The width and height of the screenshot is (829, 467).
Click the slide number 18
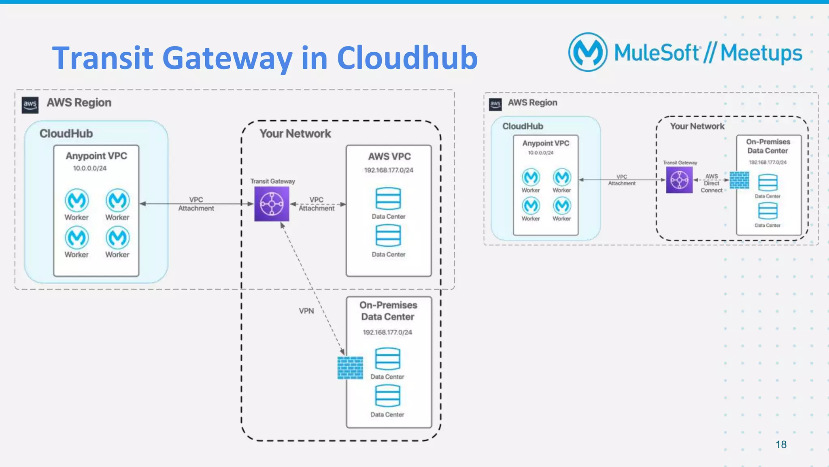(x=781, y=444)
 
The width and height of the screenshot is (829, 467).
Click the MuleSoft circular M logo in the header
(x=588, y=52)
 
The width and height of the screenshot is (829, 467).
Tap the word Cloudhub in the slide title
(x=407, y=58)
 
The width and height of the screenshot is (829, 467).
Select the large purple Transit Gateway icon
(x=272, y=204)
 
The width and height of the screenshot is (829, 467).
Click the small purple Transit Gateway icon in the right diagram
(x=679, y=180)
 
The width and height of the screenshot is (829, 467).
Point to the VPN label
(x=306, y=311)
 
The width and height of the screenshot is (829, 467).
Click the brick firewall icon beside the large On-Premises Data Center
(x=350, y=368)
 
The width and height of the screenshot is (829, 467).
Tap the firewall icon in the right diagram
(x=739, y=180)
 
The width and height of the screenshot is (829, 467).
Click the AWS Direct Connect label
(x=712, y=183)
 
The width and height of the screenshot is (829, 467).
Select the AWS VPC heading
(x=389, y=156)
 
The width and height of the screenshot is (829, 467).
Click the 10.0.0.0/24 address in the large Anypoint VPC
(x=89, y=168)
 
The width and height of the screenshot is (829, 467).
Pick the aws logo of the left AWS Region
(x=30, y=104)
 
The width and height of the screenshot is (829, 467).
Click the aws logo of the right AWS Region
(x=495, y=104)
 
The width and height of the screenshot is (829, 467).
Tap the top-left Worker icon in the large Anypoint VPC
(x=77, y=200)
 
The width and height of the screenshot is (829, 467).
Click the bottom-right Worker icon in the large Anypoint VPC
(x=117, y=237)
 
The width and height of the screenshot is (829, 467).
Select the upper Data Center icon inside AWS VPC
(x=388, y=198)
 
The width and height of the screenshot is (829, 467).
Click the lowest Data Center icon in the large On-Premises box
(x=387, y=396)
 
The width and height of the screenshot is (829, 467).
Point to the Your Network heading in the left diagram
(x=295, y=134)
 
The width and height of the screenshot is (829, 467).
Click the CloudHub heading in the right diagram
(x=523, y=126)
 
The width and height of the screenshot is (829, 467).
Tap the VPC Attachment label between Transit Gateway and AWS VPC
(x=317, y=204)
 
